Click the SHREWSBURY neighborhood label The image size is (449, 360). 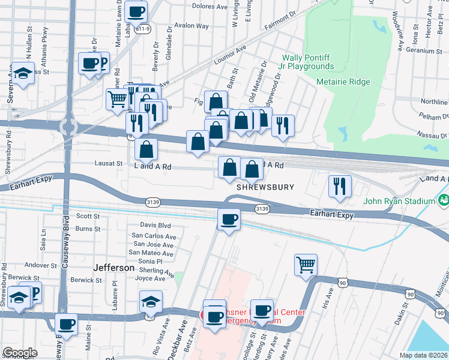[265, 187]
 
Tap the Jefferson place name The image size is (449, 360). [114, 268]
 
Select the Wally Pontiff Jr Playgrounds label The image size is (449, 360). [308, 62]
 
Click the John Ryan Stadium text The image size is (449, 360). [398, 201]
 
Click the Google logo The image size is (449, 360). [20, 353]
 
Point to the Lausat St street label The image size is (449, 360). [109, 163]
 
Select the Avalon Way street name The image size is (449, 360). [192, 26]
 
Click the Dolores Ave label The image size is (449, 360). [209, 6]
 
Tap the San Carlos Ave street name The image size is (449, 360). [154, 236]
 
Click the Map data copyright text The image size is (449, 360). [423, 355]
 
